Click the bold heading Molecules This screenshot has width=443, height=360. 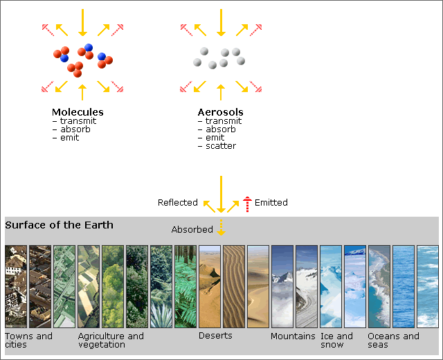78,112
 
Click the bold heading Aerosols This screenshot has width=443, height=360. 220,112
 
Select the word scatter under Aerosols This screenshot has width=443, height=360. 221,146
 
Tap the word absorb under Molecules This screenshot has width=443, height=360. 75,129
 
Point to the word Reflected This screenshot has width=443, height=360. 178,202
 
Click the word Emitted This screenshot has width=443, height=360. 271,202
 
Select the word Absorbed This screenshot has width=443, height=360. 192,229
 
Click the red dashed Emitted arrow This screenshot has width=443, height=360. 247,204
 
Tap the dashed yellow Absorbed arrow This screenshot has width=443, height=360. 221,228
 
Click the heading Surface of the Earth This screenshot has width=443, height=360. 59,225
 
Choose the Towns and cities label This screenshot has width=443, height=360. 28,340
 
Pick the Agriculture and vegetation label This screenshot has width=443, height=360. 111,340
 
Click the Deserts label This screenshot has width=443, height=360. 215,336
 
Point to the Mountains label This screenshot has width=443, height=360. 293,336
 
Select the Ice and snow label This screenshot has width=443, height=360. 336,340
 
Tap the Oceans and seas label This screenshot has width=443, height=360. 393,340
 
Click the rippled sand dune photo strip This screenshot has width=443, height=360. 234,287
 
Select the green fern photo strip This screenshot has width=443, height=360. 186,287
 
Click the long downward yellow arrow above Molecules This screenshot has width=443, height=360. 82,23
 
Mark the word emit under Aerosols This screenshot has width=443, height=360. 215,138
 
